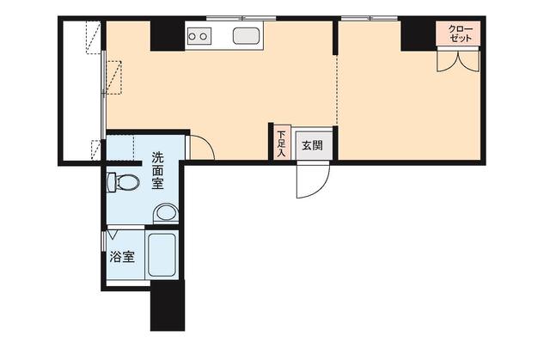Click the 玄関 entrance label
(x=313, y=145)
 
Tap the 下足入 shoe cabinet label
(x=281, y=143)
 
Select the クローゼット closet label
(x=460, y=34)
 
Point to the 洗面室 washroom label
(x=157, y=170)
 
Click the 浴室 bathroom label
(x=122, y=257)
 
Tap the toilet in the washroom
(x=123, y=182)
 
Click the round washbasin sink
(x=166, y=213)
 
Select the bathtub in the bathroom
(x=162, y=254)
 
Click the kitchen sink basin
(x=247, y=36)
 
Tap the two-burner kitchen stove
(x=199, y=36)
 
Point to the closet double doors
(x=458, y=60)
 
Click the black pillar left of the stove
(x=168, y=36)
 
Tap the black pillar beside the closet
(x=419, y=35)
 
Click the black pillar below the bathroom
(x=168, y=305)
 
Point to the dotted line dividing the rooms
(x=337, y=90)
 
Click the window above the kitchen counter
(x=241, y=18)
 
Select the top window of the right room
(x=369, y=18)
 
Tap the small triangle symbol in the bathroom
(x=113, y=235)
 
